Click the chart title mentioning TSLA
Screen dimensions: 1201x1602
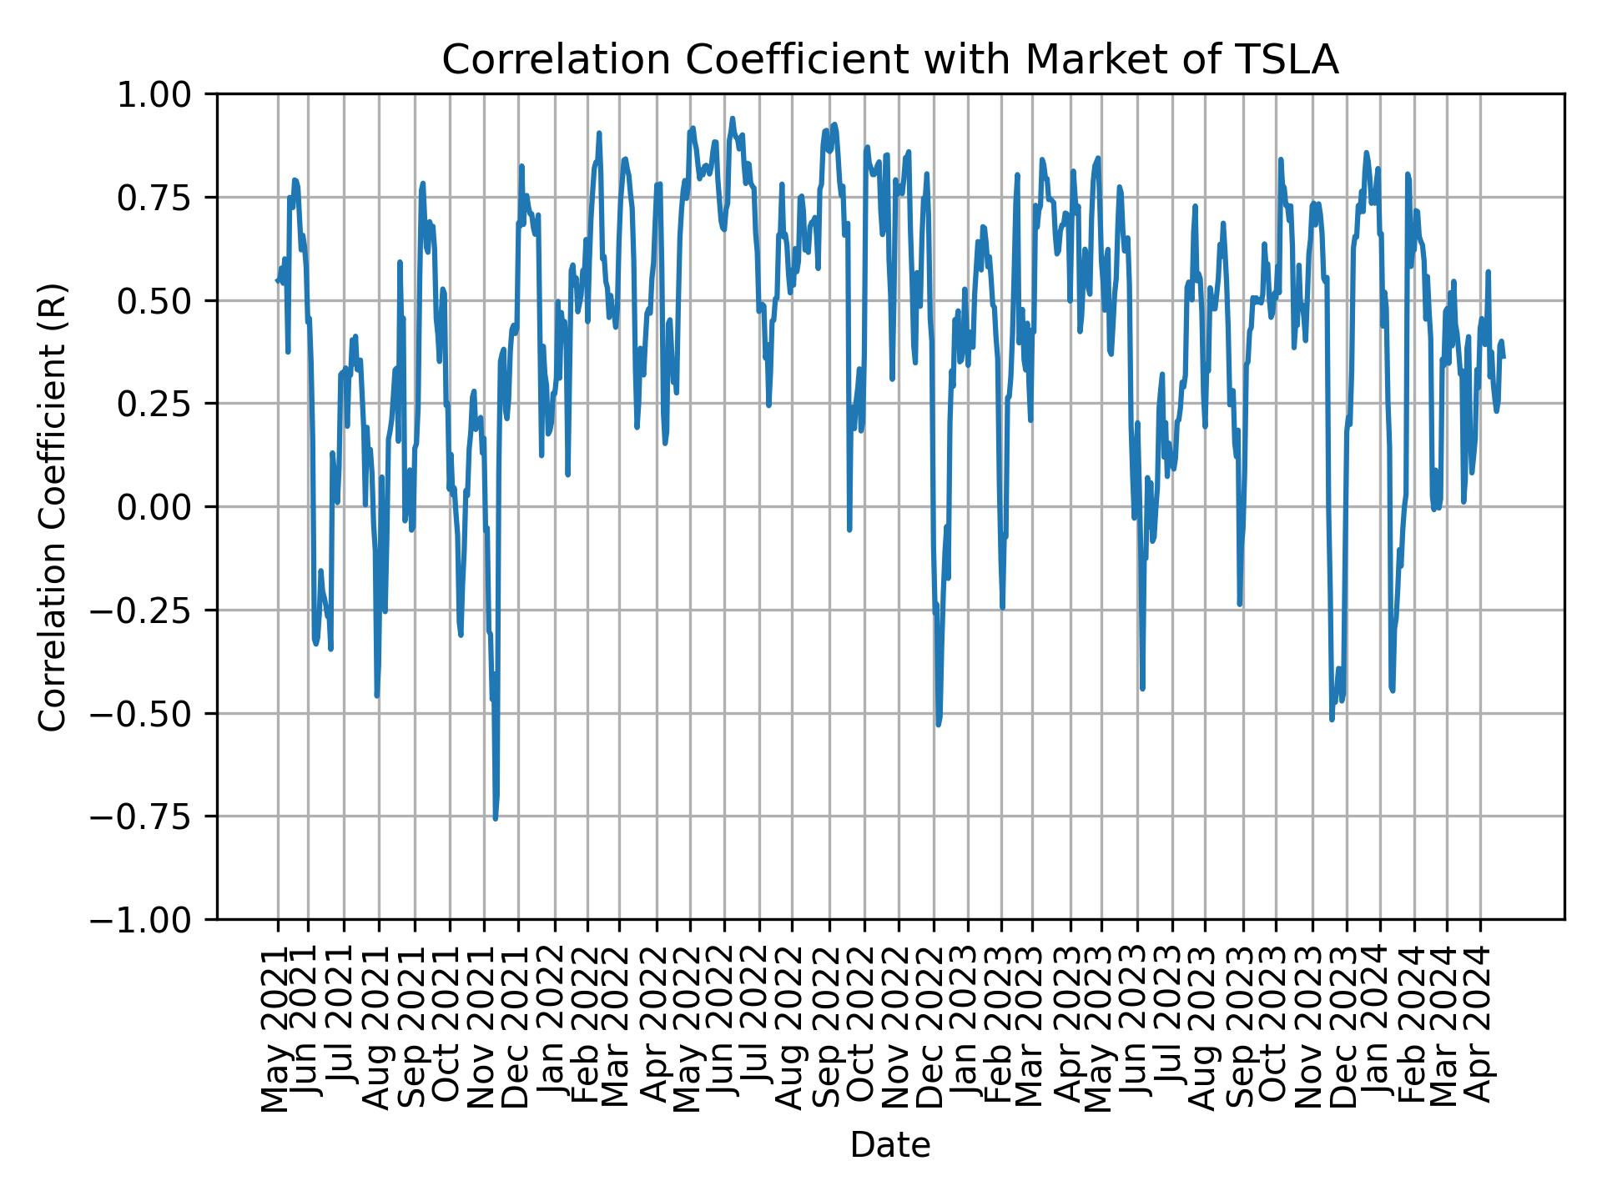click(889, 60)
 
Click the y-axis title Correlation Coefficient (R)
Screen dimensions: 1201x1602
click(52, 506)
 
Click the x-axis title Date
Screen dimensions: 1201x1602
click(889, 1145)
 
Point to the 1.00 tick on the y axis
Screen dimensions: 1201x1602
click(165, 94)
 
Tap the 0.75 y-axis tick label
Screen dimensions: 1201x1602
click(165, 198)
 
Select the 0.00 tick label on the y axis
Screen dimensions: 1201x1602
click(165, 507)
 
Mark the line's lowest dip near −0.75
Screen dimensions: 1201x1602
click(495, 818)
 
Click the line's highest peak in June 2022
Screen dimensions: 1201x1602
click(732, 118)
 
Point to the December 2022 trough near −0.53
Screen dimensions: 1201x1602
click(938, 725)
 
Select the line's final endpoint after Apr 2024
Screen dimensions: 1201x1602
click(1504, 357)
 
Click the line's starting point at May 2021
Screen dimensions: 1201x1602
click(277, 280)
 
